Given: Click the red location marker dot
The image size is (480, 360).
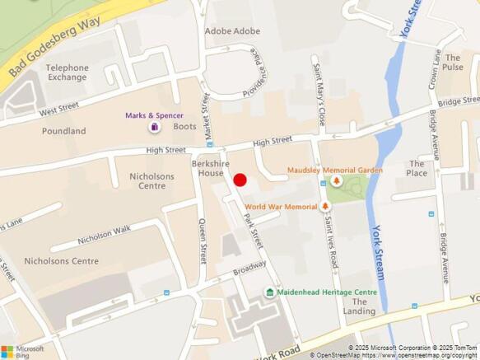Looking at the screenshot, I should (240, 180).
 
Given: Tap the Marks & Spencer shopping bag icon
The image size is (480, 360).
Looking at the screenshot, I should (154, 128).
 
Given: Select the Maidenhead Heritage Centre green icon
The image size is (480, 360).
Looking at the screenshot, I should (269, 292).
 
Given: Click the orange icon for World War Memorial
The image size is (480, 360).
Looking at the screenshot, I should (325, 206).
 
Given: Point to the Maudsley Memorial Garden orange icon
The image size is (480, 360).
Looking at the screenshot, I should (336, 180).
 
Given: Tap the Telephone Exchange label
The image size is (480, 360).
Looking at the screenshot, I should (68, 72).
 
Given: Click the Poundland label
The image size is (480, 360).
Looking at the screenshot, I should (64, 131).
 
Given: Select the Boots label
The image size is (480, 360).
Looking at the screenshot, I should (184, 127).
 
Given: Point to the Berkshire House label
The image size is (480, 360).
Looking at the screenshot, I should (208, 169).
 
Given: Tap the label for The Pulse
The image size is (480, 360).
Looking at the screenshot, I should (453, 63).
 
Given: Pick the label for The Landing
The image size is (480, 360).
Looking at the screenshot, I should (360, 306).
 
